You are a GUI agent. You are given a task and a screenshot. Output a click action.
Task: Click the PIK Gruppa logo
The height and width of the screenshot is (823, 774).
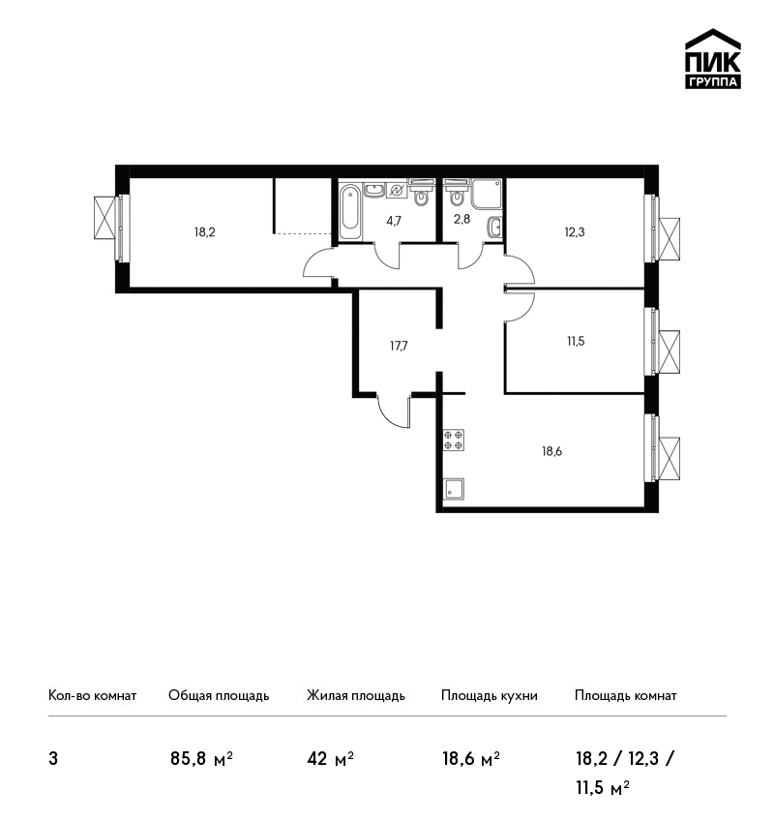[x=713, y=59]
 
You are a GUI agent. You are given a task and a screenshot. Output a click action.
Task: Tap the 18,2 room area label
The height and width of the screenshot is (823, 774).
[x=205, y=232]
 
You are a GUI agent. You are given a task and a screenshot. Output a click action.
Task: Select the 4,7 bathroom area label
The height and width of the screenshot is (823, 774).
[x=394, y=221]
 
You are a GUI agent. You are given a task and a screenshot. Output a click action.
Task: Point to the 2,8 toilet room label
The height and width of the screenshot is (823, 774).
[x=462, y=219]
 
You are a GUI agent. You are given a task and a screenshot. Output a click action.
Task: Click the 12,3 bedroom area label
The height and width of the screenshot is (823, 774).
[x=575, y=232]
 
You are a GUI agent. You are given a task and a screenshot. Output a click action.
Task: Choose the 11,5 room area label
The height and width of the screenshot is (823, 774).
[x=576, y=341]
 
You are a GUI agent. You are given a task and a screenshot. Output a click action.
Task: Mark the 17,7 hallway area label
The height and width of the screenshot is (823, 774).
[x=399, y=346]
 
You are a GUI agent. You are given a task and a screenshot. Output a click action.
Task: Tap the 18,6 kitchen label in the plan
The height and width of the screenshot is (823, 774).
[x=551, y=451]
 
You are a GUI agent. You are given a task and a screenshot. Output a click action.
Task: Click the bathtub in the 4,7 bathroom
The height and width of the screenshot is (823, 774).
[x=350, y=213]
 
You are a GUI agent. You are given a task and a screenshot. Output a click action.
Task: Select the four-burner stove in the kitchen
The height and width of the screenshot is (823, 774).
[x=454, y=440]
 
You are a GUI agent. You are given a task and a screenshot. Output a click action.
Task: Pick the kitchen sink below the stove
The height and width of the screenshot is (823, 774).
[x=454, y=489]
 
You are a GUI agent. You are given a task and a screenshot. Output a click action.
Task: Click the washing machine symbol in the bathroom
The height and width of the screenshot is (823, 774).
[x=397, y=191]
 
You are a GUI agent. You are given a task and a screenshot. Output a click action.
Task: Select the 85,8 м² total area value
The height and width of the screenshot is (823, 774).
[x=201, y=758]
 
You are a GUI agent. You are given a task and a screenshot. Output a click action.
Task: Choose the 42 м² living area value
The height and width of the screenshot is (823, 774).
[x=330, y=758]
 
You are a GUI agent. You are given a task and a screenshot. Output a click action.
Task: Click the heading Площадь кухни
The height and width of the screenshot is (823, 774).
[x=490, y=695]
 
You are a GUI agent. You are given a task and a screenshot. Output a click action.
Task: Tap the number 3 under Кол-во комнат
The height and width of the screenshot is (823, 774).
[x=53, y=759]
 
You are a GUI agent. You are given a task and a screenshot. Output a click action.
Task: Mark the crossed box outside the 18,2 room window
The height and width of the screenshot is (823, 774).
[x=104, y=217]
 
